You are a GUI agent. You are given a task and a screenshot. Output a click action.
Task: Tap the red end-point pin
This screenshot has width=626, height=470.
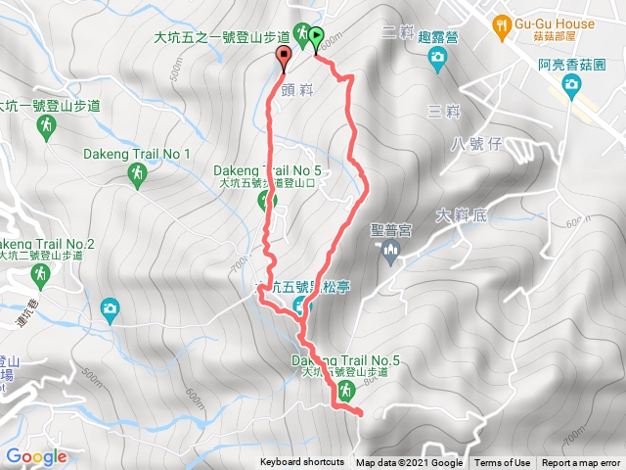[x=285, y=58]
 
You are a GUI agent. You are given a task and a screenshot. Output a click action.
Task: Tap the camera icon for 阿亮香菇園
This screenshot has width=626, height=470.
[x=570, y=87]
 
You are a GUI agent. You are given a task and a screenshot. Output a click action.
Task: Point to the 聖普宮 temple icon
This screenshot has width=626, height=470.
[x=391, y=255]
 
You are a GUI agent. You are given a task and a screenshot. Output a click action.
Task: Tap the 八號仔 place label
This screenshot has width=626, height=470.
[x=476, y=145]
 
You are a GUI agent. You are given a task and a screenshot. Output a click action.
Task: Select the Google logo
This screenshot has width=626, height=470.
[x=36, y=456]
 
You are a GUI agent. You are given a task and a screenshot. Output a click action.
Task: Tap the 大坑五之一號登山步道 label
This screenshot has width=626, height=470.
[x=222, y=38]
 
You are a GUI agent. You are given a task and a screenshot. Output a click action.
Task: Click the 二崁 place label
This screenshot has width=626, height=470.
[x=400, y=31]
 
